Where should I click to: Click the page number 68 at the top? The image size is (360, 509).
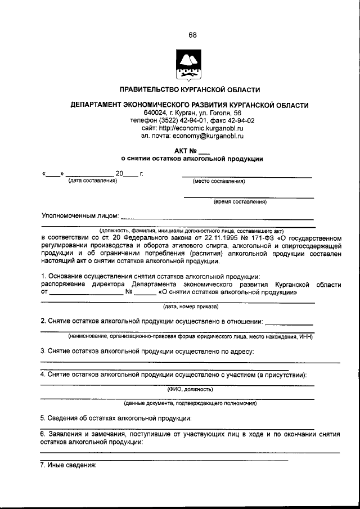click(192, 35)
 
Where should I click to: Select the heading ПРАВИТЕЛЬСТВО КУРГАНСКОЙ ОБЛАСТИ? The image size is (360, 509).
click(190, 89)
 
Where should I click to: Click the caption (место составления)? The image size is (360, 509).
click(218, 182)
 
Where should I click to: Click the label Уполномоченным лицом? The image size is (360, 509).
click(80, 215)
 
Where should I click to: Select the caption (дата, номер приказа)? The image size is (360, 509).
click(190, 307)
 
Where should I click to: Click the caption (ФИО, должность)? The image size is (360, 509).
click(190, 389)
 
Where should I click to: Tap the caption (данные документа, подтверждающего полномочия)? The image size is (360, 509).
click(190, 403)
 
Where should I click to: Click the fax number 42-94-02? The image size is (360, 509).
click(240, 120)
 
